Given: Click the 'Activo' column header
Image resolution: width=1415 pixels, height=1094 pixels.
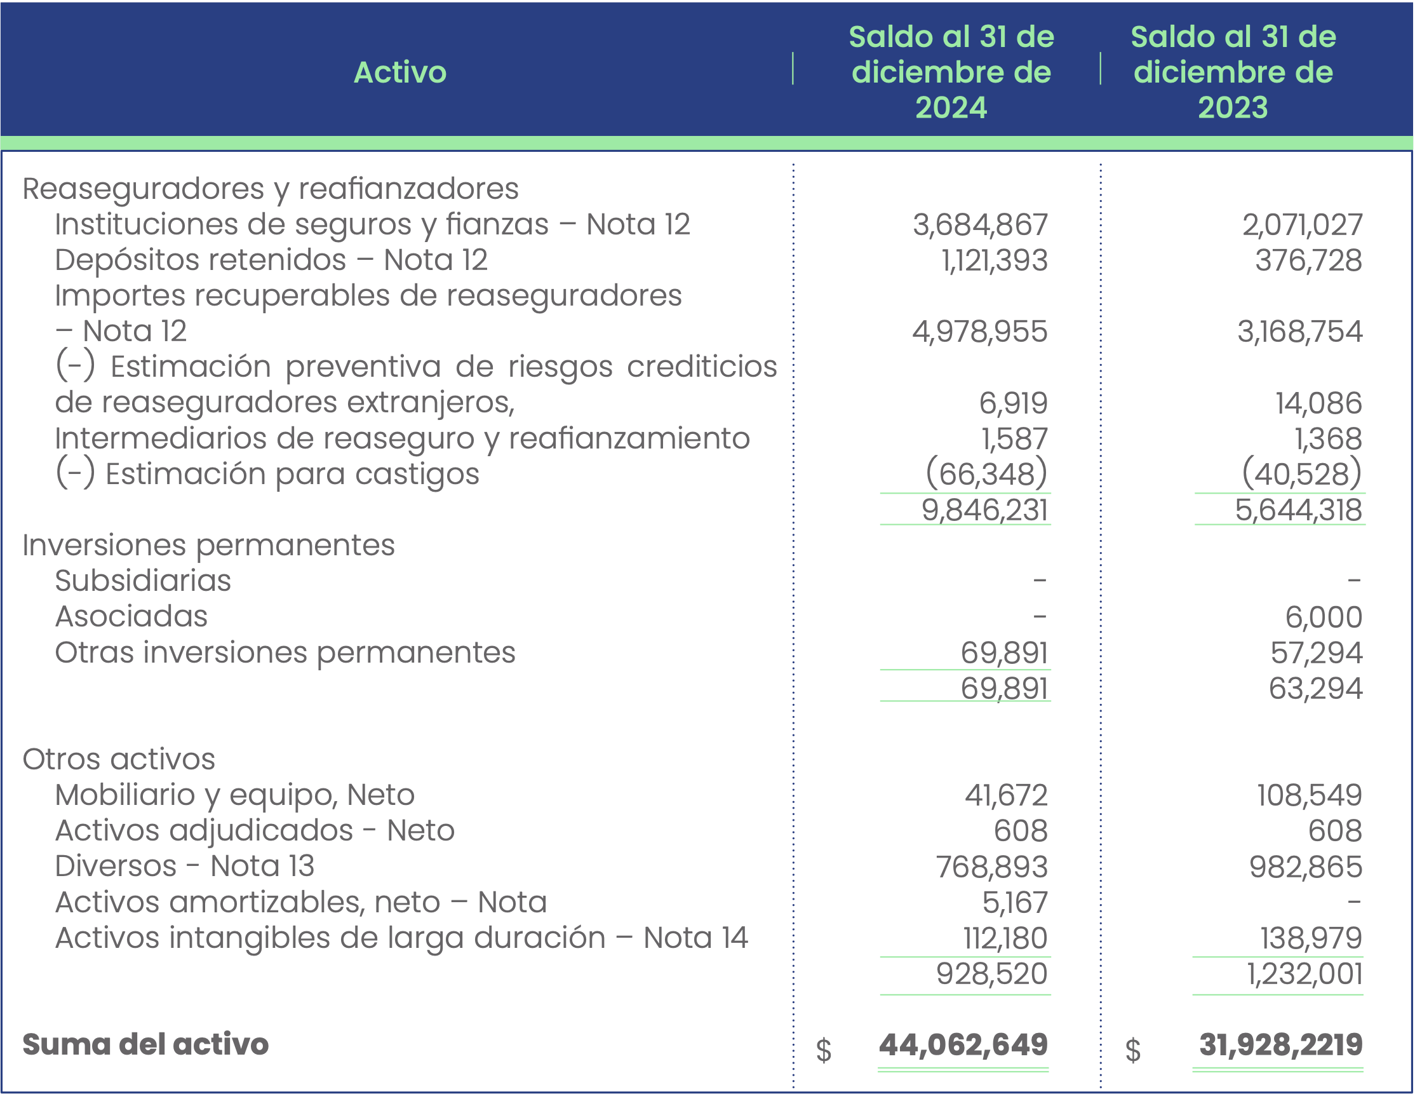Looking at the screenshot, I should [399, 72].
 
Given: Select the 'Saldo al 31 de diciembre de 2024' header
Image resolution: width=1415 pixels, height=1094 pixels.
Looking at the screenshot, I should [951, 72].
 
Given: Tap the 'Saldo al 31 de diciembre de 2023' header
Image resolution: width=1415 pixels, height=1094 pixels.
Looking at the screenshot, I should [1232, 72].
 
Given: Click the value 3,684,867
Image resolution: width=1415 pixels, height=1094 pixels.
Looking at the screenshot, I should [979, 225].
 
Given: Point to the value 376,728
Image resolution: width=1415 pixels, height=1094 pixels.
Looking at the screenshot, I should [1308, 260].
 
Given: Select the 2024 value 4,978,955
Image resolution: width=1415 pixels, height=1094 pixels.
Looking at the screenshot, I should [979, 332].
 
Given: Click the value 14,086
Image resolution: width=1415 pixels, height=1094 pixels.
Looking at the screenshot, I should [1318, 403].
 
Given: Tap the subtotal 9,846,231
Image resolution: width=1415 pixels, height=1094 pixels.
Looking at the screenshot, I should [984, 510].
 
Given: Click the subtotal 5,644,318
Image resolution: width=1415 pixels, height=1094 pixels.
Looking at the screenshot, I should [1298, 510].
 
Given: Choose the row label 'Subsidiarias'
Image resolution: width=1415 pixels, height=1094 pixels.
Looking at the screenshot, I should [142, 581].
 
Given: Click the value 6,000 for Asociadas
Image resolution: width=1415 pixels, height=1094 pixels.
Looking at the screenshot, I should [1324, 617].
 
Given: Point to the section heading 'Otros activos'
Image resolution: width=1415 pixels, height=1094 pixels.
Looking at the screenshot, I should [119, 759].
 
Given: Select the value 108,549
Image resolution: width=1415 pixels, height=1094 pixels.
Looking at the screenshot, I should [1310, 795].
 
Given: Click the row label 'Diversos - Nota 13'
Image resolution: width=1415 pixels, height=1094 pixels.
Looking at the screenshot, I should [185, 867].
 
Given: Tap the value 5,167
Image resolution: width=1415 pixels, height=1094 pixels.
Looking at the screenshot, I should [1015, 903].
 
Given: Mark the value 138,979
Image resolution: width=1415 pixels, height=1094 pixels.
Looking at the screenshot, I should [1311, 938].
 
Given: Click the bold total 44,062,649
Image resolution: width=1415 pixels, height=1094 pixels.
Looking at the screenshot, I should [963, 1044].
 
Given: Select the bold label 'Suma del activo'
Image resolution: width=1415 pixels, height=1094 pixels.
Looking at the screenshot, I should [145, 1044].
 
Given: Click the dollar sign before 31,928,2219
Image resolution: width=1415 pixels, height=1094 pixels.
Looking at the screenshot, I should [1133, 1050].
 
